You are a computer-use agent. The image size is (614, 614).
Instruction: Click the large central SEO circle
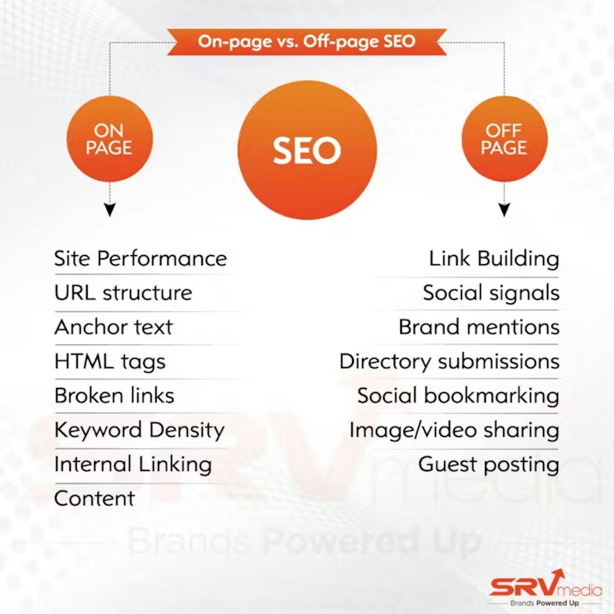(307, 150)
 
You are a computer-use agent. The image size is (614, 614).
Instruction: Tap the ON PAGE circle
(109, 139)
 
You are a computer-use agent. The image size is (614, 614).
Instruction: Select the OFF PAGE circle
(504, 139)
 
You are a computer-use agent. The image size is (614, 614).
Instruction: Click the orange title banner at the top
(307, 42)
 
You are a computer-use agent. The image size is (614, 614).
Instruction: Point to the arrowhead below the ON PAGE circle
(110, 210)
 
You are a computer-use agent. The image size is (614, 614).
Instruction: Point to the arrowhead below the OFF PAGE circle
(504, 210)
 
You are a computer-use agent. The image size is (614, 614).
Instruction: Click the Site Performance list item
(140, 258)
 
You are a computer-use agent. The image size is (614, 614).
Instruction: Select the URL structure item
(123, 293)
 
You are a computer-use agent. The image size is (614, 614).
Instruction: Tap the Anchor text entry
(114, 327)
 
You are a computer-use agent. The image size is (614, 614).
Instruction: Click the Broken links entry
(114, 396)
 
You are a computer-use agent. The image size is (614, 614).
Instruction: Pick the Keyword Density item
(139, 430)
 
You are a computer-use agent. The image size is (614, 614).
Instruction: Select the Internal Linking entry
(133, 465)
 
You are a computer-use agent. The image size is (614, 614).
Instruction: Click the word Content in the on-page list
(95, 498)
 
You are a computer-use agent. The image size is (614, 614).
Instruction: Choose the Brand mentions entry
(479, 327)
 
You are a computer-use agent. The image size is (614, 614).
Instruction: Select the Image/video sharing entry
(454, 430)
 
